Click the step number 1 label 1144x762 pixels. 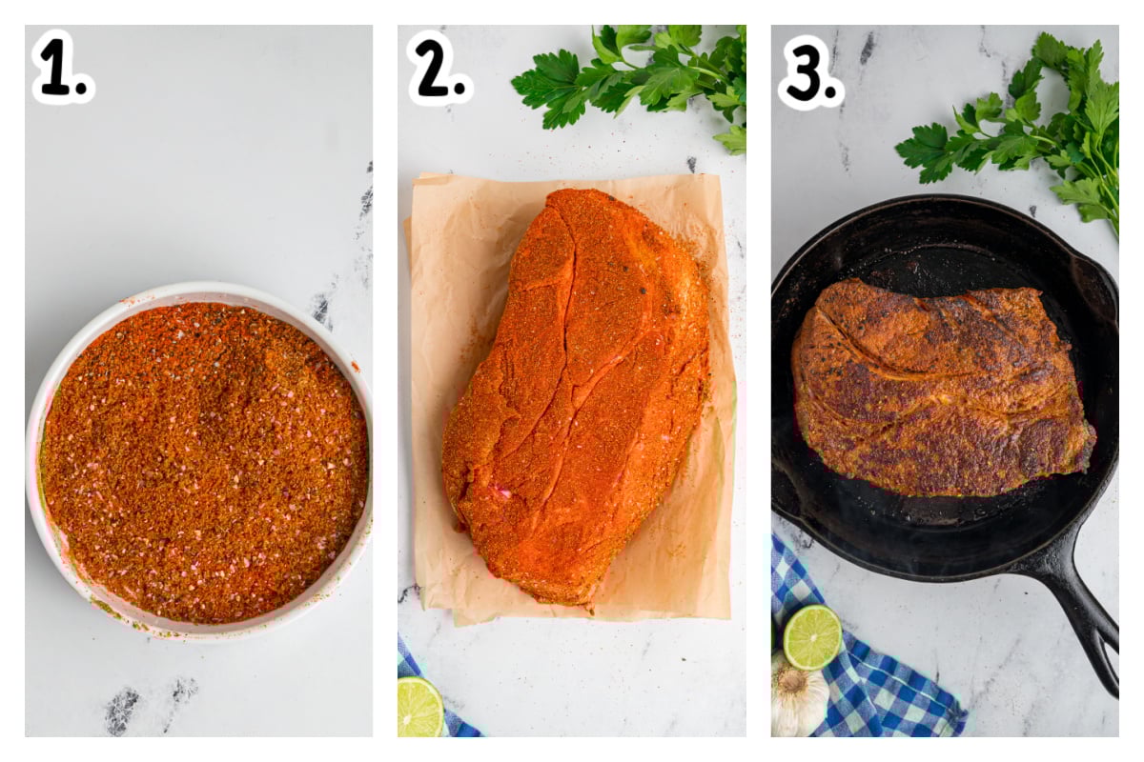[x=63, y=67]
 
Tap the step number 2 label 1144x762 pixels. [x=439, y=68]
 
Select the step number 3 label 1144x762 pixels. [x=811, y=71]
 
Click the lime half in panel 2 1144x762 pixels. [x=419, y=708]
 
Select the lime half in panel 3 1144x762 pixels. [x=812, y=637]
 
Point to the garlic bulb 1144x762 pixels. [x=798, y=695]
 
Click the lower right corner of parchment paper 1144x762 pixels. [x=729, y=618]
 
